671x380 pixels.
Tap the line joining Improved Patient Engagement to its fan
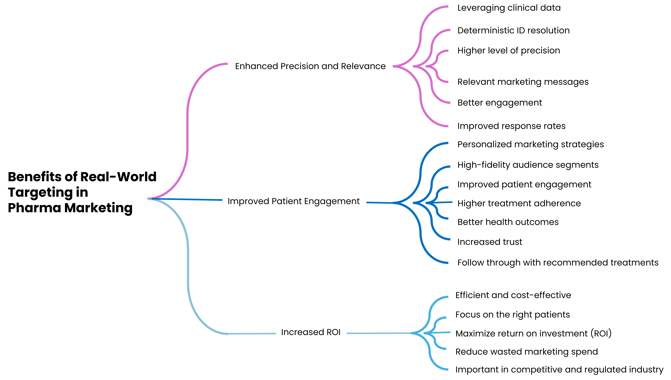click(379, 203)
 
